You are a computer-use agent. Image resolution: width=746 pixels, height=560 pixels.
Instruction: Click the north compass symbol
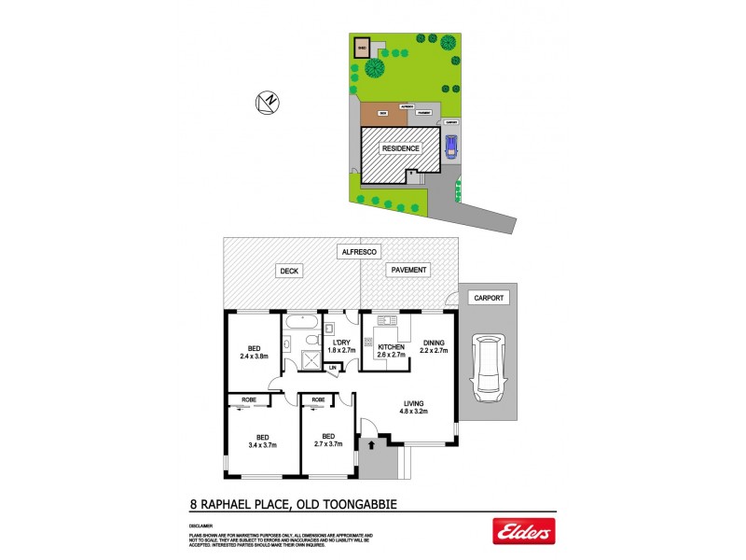tap(269, 103)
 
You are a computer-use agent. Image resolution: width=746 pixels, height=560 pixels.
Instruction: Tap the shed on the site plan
tap(361, 47)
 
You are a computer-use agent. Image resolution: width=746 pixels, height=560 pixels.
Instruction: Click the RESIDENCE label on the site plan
tap(400, 148)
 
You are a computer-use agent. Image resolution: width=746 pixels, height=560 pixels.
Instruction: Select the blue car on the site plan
tap(452, 147)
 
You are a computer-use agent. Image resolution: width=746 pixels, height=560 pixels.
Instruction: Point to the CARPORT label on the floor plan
tap(488, 298)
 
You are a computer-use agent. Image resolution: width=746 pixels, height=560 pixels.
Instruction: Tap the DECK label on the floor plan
tap(287, 271)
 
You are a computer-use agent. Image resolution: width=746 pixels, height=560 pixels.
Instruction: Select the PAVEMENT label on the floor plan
tap(409, 271)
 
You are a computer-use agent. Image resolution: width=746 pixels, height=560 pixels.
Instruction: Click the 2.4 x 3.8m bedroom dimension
tap(254, 356)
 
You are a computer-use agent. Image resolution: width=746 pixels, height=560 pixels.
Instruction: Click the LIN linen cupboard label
tap(333, 368)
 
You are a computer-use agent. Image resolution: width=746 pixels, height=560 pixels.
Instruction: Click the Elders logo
tap(523, 531)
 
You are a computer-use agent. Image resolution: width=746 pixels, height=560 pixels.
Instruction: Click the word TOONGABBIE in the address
tap(352, 505)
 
